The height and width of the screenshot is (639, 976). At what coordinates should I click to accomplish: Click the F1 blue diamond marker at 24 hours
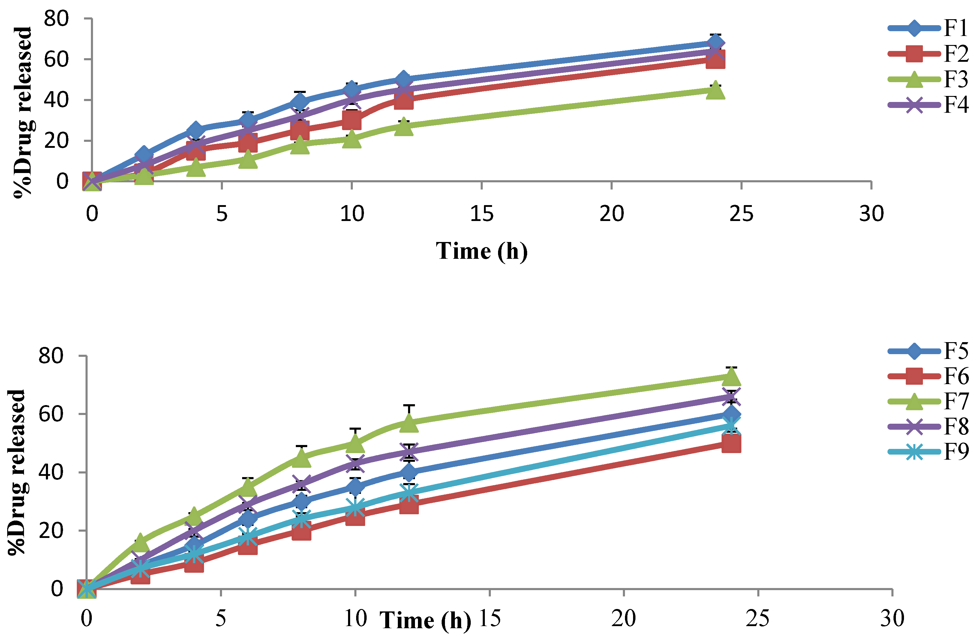pyautogui.click(x=715, y=42)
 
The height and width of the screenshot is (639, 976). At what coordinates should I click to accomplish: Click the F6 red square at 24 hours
pyautogui.click(x=731, y=443)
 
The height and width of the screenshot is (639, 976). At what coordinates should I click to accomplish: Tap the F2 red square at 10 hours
pyautogui.click(x=351, y=120)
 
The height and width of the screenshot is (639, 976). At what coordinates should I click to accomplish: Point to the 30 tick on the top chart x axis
pyautogui.click(x=871, y=213)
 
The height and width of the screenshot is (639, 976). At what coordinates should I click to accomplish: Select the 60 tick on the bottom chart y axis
pyautogui.click(x=51, y=414)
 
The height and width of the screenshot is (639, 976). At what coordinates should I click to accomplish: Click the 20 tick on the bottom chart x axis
pyautogui.click(x=623, y=618)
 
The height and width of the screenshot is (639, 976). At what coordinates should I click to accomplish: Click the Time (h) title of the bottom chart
pyautogui.click(x=425, y=620)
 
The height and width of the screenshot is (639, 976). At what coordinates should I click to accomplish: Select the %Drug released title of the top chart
pyautogui.click(x=22, y=113)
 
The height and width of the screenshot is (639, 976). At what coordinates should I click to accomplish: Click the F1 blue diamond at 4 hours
pyautogui.click(x=196, y=131)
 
